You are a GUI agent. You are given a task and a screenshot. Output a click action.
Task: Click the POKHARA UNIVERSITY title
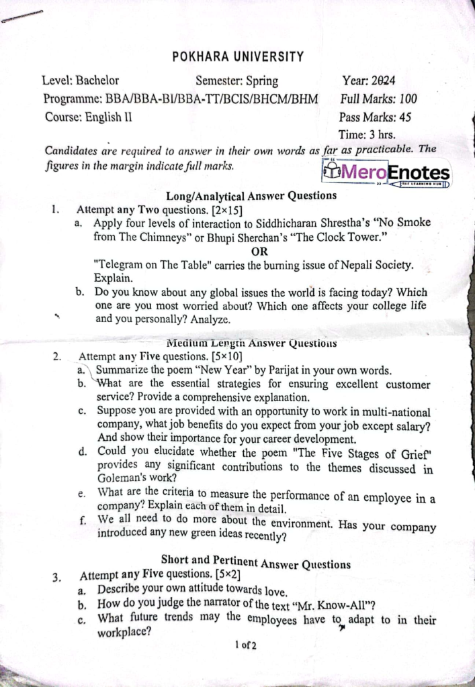tap(238, 57)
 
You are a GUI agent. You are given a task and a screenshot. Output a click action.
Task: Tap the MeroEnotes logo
tap(386, 173)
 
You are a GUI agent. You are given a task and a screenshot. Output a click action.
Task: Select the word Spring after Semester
tap(261, 82)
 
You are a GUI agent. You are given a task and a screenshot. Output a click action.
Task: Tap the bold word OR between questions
tap(259, 252)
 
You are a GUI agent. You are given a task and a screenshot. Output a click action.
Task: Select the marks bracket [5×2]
tap(225, 575)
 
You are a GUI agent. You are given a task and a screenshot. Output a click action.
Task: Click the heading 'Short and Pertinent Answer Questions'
tap(256, 561)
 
